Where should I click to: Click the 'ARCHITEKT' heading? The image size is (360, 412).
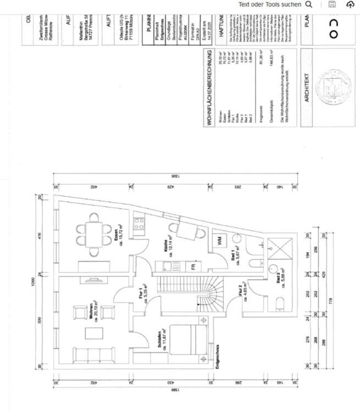click(x=308, y=88)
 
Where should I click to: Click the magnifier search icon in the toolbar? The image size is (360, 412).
click(x=309, y=4)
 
